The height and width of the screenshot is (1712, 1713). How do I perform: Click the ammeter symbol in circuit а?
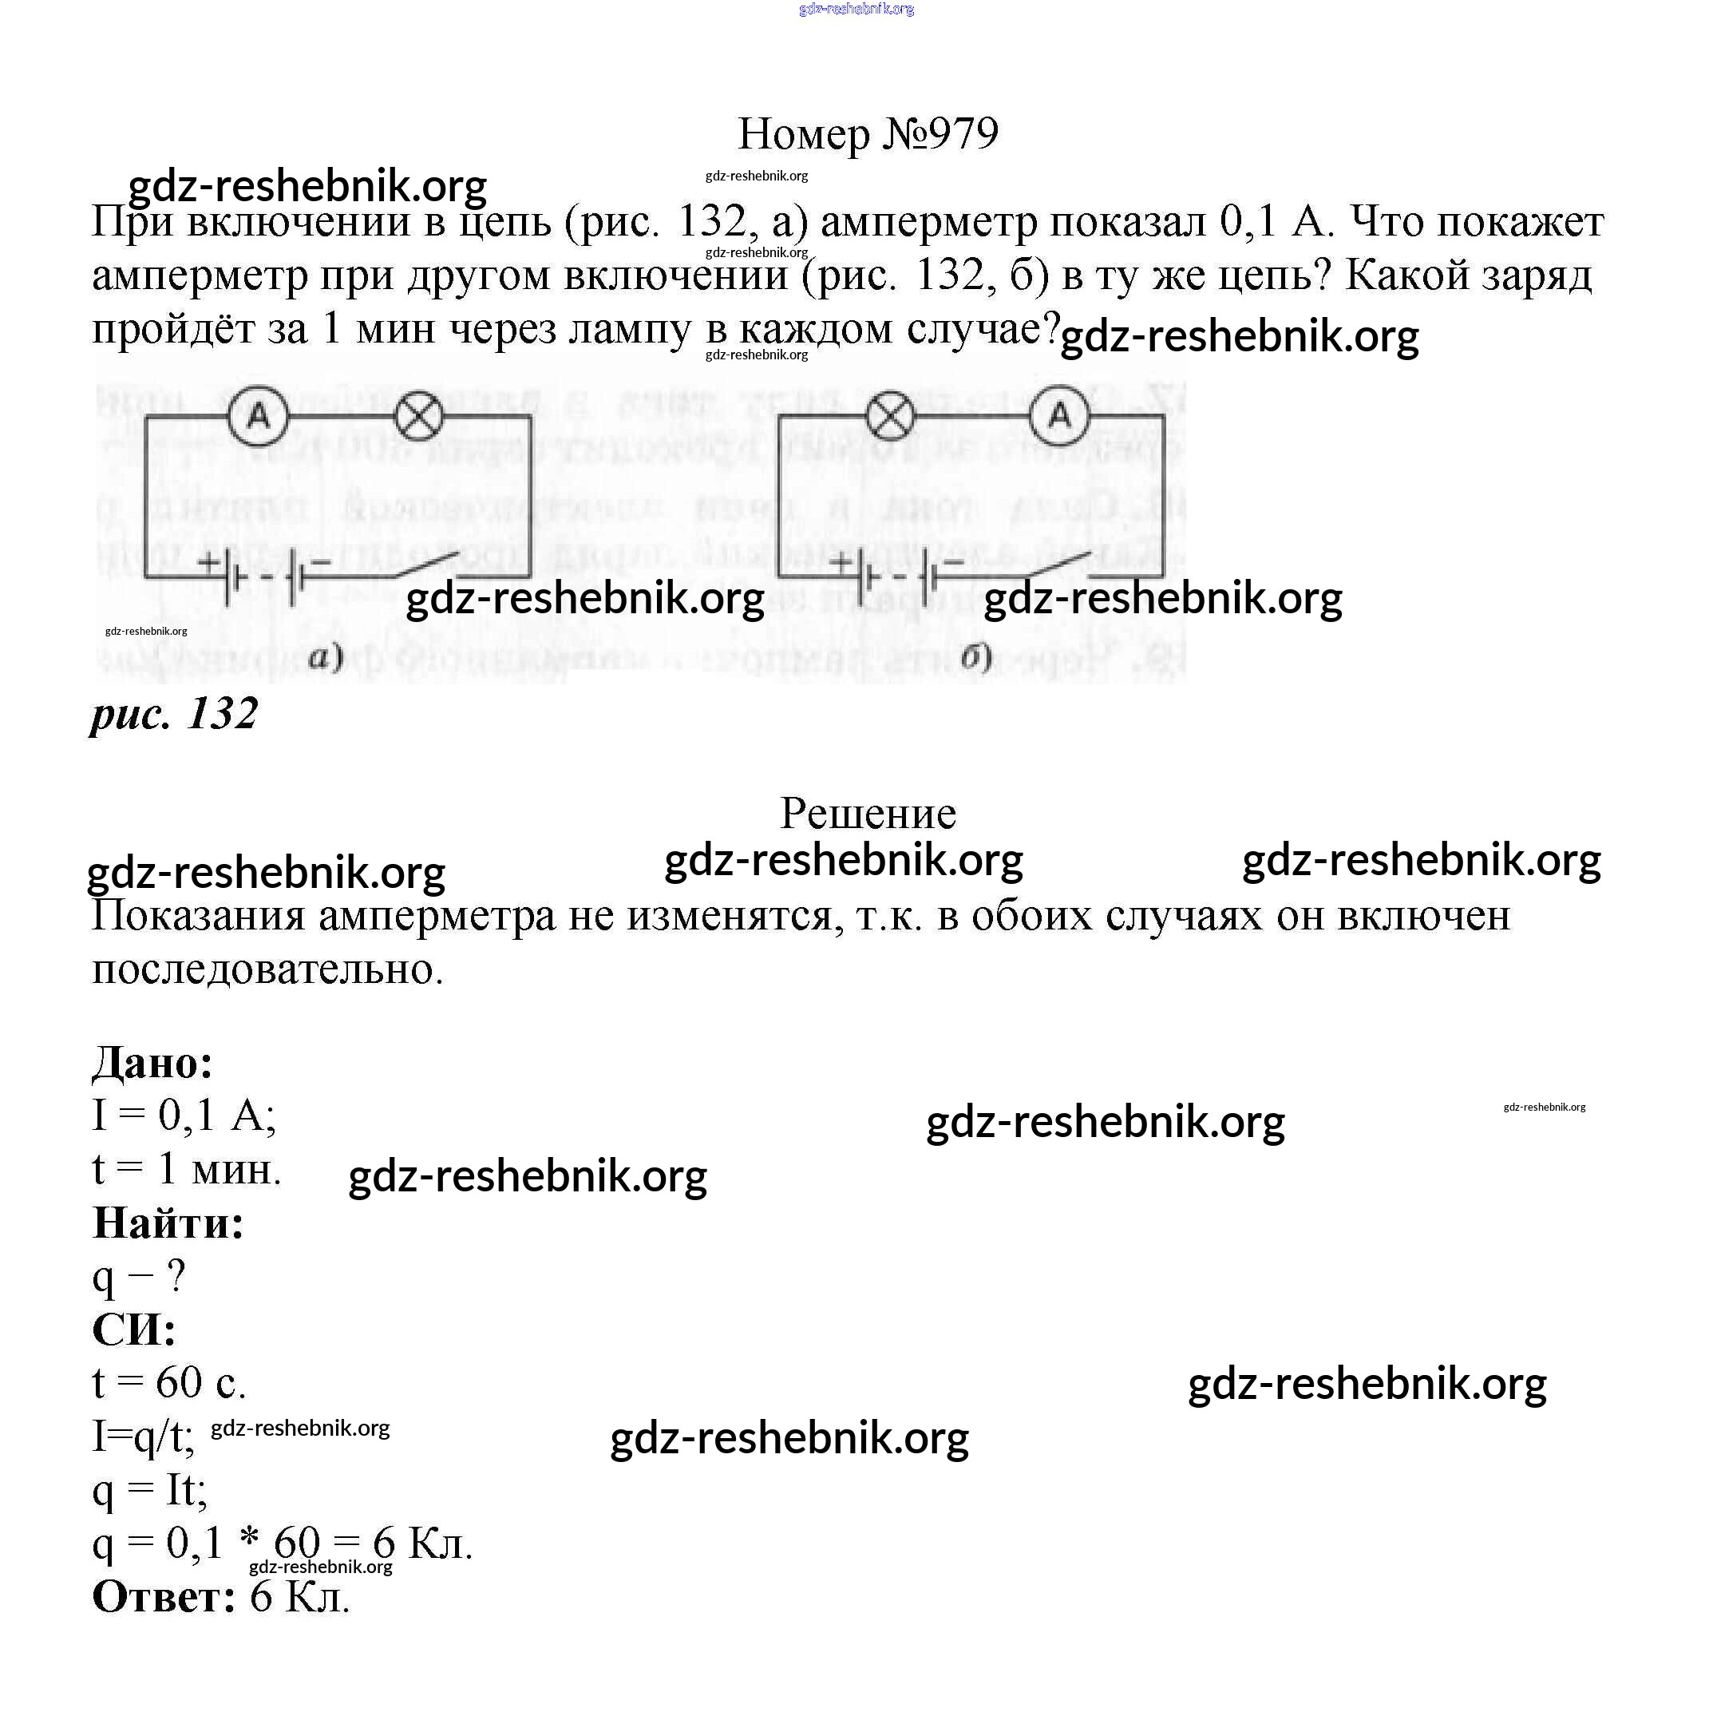(258, 415)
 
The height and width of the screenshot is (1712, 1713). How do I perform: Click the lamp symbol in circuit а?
(418, 415)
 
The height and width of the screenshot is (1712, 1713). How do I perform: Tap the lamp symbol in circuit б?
(889, 415)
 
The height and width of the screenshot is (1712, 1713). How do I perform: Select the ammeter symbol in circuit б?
(1059, 415)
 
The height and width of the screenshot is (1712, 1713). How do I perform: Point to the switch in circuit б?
(1059, 566)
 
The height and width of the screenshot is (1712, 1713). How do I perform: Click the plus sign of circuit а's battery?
(208, 561)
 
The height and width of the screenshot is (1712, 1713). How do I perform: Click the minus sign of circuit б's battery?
(954, 561)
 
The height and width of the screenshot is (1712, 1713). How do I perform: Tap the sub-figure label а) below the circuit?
(326, 656)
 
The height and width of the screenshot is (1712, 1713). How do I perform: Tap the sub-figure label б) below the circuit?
(975, 656)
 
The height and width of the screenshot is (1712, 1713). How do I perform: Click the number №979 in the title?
(940, 134)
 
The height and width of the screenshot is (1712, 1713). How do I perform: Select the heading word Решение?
(867, 813)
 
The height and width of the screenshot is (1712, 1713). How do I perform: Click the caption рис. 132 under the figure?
(175, 713)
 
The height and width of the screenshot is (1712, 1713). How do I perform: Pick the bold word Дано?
(152, 1062)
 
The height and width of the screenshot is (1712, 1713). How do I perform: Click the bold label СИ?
(134, 1329)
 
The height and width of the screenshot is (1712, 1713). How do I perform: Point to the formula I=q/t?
(144, 1437)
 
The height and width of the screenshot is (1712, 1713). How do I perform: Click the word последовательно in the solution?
(266, 969)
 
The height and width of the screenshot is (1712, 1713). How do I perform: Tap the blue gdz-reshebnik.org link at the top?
(856, 9)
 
